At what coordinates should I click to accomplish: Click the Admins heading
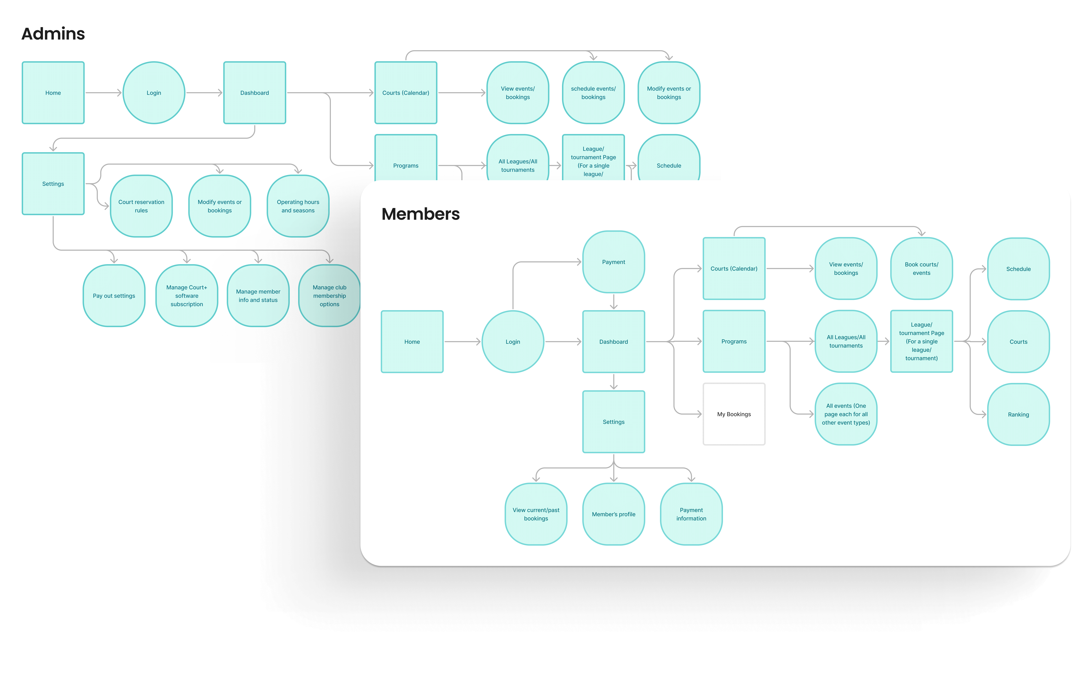(53, 34)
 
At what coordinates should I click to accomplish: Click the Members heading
(421, 214)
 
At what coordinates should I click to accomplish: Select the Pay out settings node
(114, 296)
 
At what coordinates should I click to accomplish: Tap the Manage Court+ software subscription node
(187, 296)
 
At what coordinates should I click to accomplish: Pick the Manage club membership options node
(329, 296)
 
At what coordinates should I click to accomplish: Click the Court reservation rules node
(141, 206)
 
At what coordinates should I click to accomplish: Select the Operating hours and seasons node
(298, 206)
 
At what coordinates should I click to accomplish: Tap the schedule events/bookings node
(593, 93)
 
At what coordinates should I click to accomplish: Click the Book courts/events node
(921, 269)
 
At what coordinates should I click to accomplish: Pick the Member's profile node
(613, 514)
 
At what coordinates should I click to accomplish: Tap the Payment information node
(691, 514)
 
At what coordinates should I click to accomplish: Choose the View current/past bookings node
(536, 514)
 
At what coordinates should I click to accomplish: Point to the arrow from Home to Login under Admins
(103, 93)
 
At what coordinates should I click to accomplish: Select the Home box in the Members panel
(412, 342)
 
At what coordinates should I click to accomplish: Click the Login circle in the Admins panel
(154, 93)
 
